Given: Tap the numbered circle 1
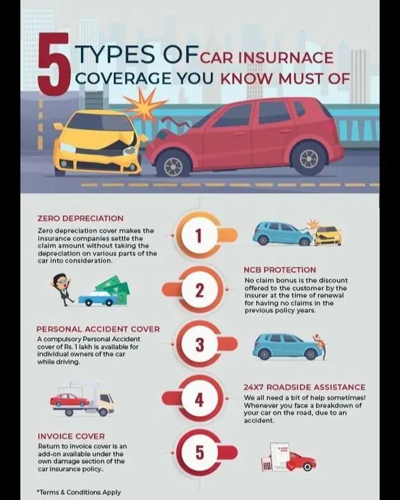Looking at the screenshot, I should [198, 236].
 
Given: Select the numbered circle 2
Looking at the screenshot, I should [198, 290].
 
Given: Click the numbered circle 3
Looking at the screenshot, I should [199, 345].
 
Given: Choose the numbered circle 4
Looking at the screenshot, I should [199, 399].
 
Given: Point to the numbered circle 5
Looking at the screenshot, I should [199, 453].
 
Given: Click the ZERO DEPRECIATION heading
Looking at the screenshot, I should [80, 218].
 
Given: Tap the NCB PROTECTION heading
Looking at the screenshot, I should [280, 269].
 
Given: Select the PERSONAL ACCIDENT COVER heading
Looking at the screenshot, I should [97, 329].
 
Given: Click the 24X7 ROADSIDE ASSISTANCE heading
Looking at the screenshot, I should [304, 387].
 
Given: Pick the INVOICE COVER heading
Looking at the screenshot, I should [71, 436].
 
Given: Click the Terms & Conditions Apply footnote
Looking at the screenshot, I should [79, 492].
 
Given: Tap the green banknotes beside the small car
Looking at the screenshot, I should [114, 287].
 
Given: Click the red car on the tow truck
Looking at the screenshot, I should [70, 400].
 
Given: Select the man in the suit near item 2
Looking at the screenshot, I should [62, 288].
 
